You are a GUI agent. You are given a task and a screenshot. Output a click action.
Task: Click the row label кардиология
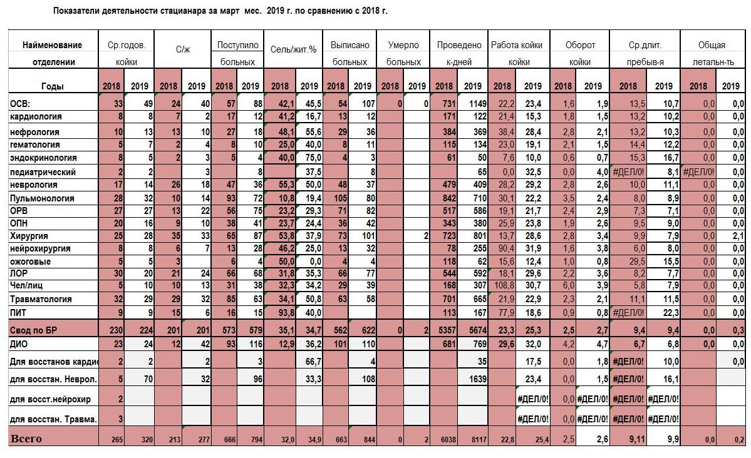pyautogui.click(x=36, y=116)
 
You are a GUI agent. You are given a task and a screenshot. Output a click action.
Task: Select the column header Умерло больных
pyautogui.click(x=403, y=53)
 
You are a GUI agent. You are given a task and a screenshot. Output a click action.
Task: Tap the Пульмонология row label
pyautogui.click(x=42, y=198)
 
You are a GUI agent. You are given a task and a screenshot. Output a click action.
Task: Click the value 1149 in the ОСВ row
pyautogui.click(x=472, y=103)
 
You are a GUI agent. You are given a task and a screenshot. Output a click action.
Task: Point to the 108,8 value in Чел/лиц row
pyautogui.click(x=502, y=285)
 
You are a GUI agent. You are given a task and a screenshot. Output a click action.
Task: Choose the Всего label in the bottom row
pyautogui.click(x=26, y=439)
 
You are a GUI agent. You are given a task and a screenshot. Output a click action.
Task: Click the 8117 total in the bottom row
pyautogui.click(x=479, y=439)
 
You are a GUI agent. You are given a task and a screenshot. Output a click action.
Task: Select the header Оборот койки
pyautogui.click(x=580, y=53)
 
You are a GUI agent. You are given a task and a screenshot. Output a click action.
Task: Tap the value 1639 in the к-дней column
pyautogui.click(x=477, y=379)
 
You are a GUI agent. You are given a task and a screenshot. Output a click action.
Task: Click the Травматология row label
pyautogui.click(x=41, y=299)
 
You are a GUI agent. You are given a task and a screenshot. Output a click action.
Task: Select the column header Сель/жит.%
pyautogui.click(x=293, y=49)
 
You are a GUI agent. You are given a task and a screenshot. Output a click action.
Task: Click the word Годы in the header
pyautogui.click(x=52, y=86)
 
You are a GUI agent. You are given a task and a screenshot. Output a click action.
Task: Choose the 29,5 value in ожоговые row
pyautogui.click(x=636, y=262)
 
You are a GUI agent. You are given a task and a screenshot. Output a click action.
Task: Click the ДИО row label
pyautogui.click(x=19, y=344)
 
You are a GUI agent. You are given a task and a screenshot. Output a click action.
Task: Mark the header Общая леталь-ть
pyautogui.click(x=712, y=53)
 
